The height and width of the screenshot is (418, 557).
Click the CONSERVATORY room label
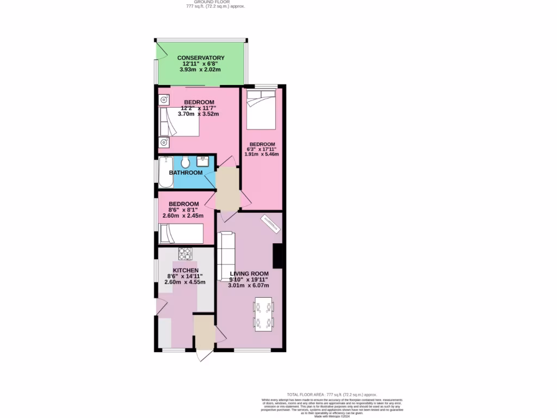coord(201,58)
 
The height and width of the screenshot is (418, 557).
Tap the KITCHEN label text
coord(185,270)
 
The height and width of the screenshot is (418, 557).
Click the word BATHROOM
coord(185,173)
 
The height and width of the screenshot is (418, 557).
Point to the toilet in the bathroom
coord(185,162)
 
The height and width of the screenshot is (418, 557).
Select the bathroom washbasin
coord(202,161)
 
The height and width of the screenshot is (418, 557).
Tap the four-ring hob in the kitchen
coord(185,254)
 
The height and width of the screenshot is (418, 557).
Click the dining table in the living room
coord(264,315)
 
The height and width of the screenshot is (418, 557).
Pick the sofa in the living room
coord(225,256)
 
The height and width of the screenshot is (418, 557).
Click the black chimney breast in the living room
coord(278,256)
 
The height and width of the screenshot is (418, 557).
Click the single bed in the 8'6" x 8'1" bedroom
coord(182,235)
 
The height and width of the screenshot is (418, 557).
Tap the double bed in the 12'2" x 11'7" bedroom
coord(179,122)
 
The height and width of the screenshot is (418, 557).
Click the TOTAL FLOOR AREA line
coord(332,394)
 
